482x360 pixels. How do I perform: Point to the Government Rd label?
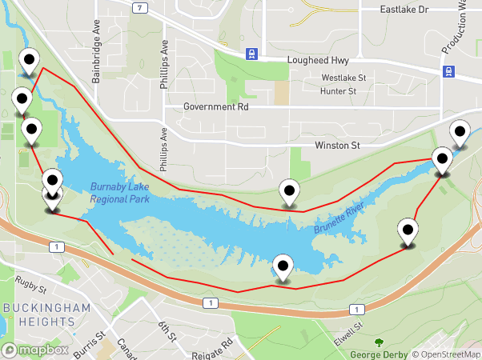[x=216, y=106]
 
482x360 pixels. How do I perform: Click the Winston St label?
[x=338, y=146]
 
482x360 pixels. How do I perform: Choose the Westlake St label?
[x=343, y=78]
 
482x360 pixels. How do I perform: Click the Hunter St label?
[x=338, y=91]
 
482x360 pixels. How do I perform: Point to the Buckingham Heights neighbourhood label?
[x=38, y=314]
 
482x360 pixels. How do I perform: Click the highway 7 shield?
[x=140, y=8]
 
